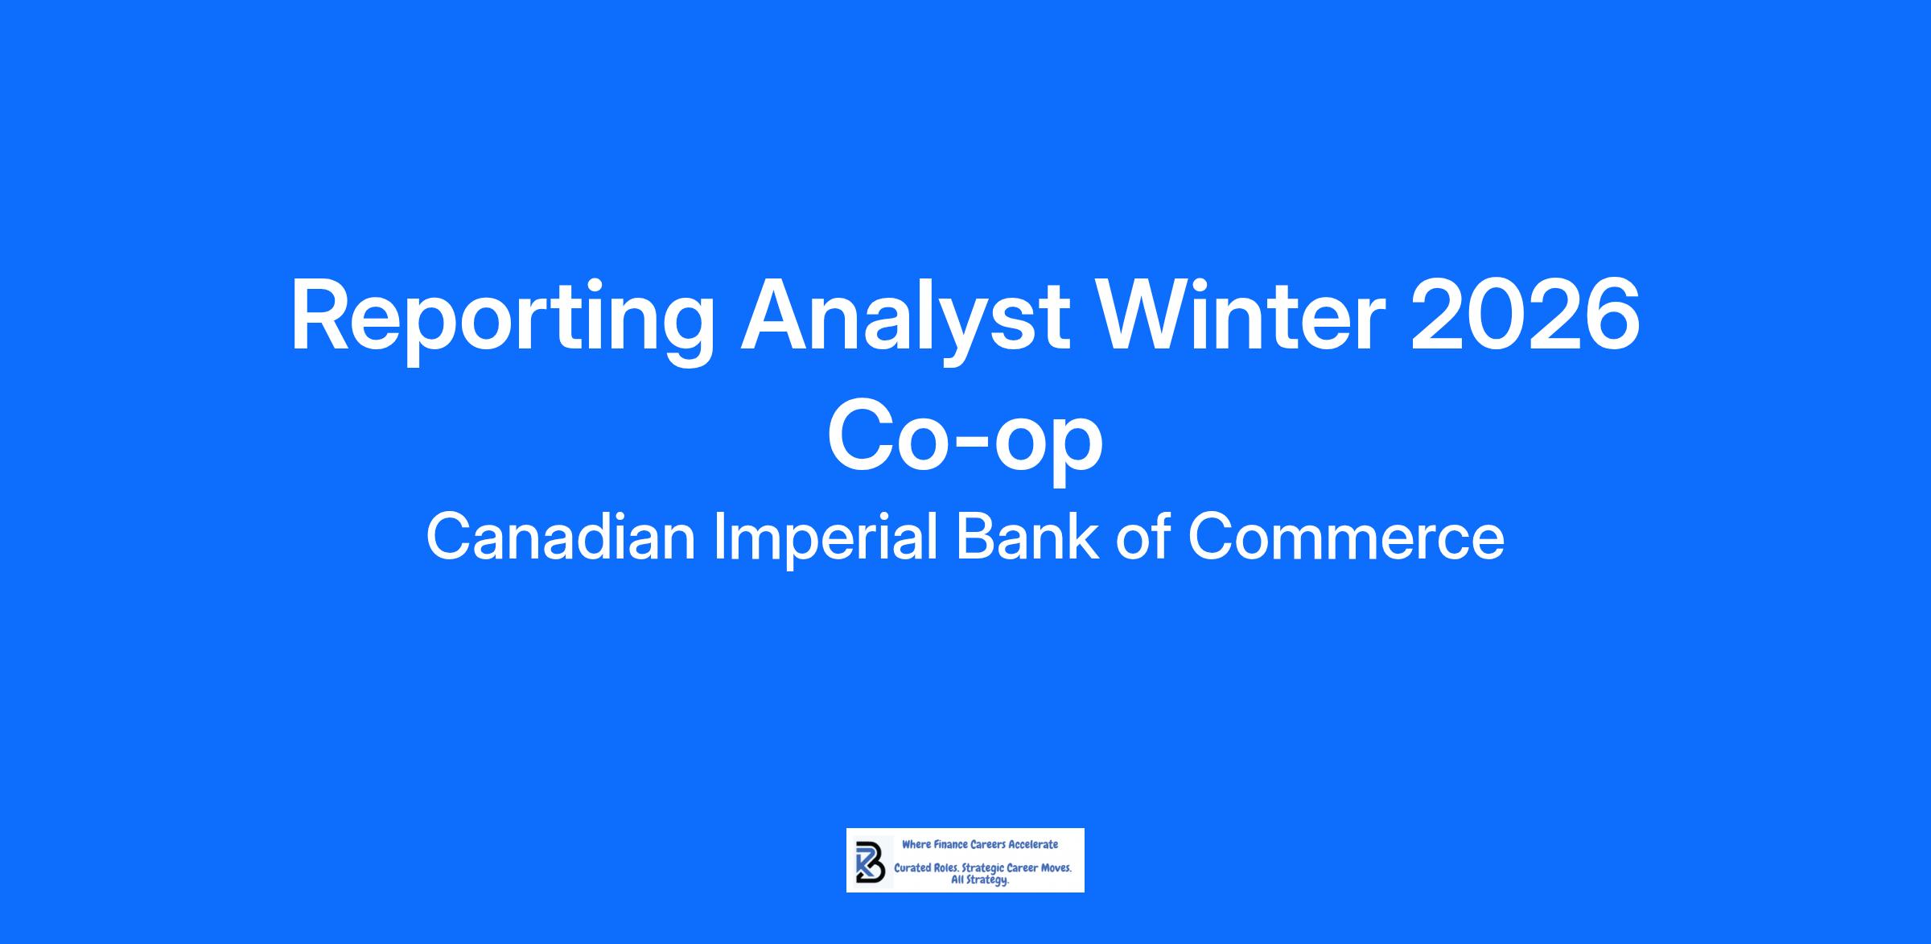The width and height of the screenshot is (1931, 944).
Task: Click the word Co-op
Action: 965,442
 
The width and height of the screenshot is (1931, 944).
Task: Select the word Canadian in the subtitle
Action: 560,538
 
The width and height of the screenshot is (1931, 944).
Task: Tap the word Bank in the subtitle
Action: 1027,538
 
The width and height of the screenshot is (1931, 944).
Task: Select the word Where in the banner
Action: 916,845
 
